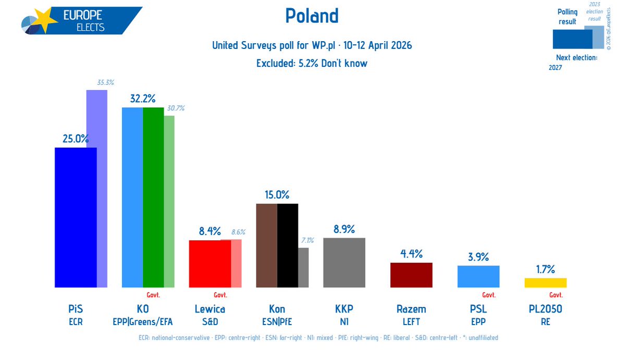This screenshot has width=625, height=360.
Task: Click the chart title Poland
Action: pyautogui.click(x=312, y=16)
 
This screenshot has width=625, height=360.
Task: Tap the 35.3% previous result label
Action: pyautogui.click(x=105, y=82)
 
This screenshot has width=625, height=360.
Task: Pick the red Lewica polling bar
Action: pyautogui.click(x=210, y=264)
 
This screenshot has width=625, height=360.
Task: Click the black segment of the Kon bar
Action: pyautogui.click(x=288, y=245)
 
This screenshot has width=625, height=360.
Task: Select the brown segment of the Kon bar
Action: pyautogui.click(x=267, y=245)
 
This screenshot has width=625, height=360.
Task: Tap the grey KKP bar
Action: pyautogui.click(x=344, y=263)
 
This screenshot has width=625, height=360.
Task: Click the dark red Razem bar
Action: pyautogui.click(x=411, y=275)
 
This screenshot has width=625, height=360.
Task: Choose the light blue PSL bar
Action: pyautogui.click(x=478, y=276)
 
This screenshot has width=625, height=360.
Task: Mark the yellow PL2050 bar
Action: pyautogui.click(x=545, y=282)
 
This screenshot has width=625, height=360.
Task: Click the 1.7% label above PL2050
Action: pyautogui.click(x=545, y=269)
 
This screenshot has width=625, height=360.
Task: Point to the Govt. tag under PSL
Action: pyautogui.click(x=488, y=295)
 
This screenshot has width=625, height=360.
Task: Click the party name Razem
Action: pyautogui.click(x=411, y=309)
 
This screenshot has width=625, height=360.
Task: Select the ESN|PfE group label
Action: pyautogui.click(x=277, y=322)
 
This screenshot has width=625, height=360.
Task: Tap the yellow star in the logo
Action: pyautogui.click(x=46, y=21)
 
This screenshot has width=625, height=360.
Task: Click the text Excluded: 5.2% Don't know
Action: pyautogui.click(x=312, y=64)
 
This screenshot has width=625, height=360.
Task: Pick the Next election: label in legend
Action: pyautogui.click(x=576, y=58)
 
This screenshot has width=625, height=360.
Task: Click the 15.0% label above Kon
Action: pyautogui.click(x=277, y=195)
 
